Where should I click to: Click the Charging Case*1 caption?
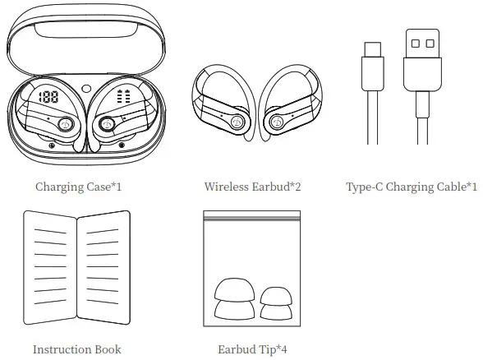pyautogui.click(x=79, y=187)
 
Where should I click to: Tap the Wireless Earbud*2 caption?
pyautogui.click(x=252, y=187)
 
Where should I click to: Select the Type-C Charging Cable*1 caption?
pyautogui.click(x=412, y=187)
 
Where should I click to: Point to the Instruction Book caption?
pyautogui.click(x=76, y=349)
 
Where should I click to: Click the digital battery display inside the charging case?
pyautogui.click(x=47, y=97)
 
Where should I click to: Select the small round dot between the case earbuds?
pyautogui.click(x=86, y=89)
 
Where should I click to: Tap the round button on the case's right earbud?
pyautogui.click(x=107, y=124)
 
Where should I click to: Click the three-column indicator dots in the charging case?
pyautogui.click(x=125, y=96)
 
